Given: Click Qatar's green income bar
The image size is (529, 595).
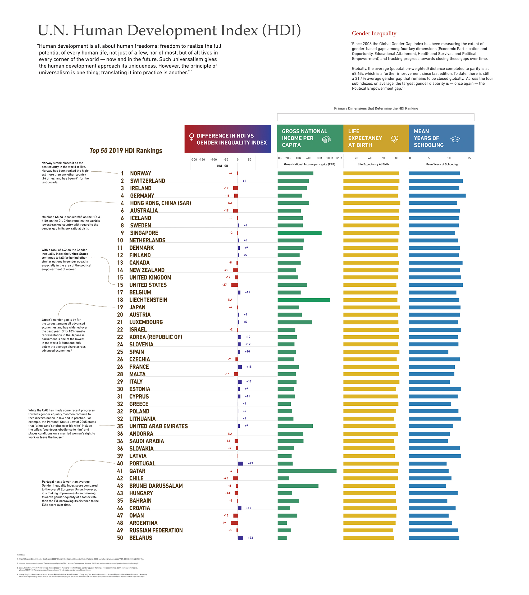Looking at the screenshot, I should tap(307, 471).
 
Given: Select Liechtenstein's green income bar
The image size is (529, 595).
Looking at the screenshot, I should tap(304, 300).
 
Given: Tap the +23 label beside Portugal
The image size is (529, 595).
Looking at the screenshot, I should tap(250, 463).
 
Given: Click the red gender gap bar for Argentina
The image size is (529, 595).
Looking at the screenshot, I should tap(234, 523).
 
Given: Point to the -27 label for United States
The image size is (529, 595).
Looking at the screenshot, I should tap(224, 285).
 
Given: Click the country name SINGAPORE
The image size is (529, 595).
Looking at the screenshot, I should tap(144, 233).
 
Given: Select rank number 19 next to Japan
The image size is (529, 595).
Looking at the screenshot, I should tap(120, 307).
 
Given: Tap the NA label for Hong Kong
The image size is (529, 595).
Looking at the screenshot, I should tap(230, 203).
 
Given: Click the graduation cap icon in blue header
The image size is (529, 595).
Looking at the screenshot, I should tap(455, 139).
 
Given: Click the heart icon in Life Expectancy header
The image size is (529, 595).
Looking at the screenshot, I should tap(394, 139).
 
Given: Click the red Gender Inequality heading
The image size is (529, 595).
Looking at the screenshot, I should tap(374, 34).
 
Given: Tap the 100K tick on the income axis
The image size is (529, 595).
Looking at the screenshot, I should tap(330, 158).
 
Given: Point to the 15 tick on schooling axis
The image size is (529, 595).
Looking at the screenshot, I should tap(469, 158).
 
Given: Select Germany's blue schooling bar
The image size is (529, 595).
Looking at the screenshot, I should tap(437, 196).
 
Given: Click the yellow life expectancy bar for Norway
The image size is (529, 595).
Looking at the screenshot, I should tap(371, 173).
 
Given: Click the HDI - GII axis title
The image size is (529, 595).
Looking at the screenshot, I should tap(222, 166).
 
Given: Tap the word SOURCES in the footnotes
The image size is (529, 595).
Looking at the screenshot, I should tap(21, 555).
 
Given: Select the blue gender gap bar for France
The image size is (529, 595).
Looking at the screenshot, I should tap(240, 367).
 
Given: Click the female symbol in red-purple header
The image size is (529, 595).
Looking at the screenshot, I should tap(191, 137).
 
